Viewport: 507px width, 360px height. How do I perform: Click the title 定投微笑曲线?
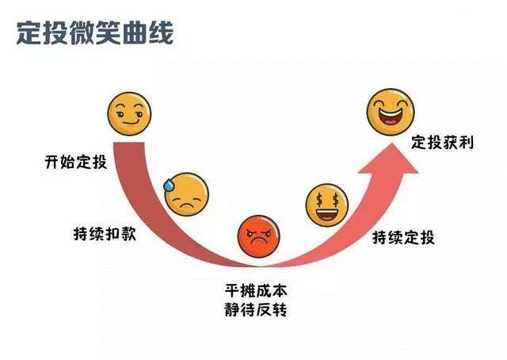pos(95,33)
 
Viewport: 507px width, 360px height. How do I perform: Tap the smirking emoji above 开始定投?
pos(129,114)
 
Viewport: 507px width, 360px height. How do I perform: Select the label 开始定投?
pos(76,162)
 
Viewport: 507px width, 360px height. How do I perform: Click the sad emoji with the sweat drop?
pos(186,194)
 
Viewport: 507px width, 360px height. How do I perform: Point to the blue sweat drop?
pos(169,186)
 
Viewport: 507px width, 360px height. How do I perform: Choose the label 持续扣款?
pos(105,234)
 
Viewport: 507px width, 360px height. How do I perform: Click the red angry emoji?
pos(258,236)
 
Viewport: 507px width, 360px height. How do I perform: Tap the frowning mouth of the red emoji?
pos(258,241)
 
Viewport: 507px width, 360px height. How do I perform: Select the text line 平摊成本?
pos(256,290)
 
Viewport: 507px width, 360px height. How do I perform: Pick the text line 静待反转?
pos(256,309)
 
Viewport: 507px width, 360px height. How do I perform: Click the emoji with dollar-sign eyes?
pos(327,205)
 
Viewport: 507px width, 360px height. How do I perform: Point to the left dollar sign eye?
pos(319,201)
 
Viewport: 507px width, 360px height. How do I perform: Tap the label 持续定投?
pos(403,237)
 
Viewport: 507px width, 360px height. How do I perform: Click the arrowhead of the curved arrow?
pos(390,160)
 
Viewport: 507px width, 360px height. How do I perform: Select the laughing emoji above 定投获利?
pos(391,112)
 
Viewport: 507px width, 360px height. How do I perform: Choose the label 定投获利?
pos(442,143)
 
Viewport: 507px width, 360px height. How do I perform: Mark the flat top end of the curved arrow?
pos(128,143)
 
